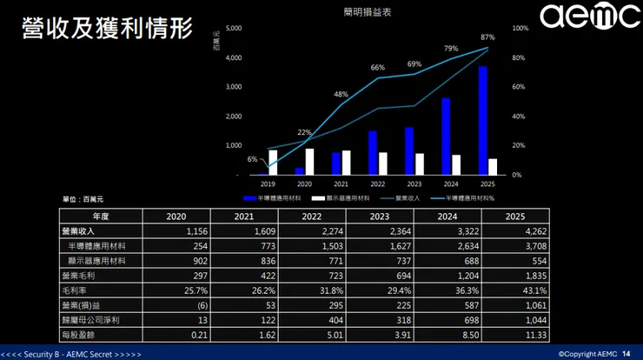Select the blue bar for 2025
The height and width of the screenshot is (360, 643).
click(482, 121)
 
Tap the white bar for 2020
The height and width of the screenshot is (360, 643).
click(310, 162)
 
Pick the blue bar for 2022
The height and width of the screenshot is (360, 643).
click(373, 153)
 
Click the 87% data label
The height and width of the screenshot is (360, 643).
click(487, 37)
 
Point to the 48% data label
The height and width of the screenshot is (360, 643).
click(341, 94)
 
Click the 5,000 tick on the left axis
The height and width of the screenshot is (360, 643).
click(232, 29)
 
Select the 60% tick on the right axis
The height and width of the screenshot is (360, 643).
click(520, 87)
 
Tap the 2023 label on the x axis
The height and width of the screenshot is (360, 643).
click(414, 184)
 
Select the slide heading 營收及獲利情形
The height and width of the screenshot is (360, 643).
click(106, 29)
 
